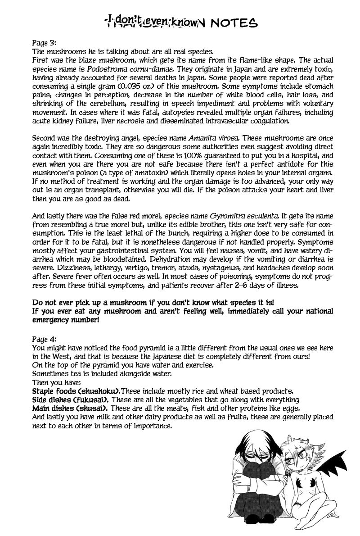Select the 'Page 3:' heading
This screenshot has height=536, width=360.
(x=45, y=43)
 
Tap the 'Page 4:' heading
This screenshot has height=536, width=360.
(x=45, y=336)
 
